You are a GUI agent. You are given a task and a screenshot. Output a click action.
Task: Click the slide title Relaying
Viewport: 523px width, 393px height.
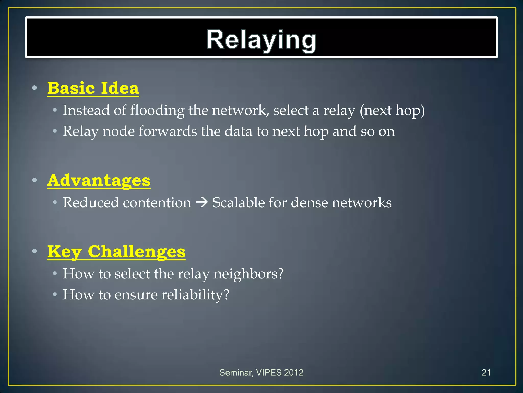point(261,40)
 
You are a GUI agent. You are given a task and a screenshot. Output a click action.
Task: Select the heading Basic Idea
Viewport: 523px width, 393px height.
point(93,88)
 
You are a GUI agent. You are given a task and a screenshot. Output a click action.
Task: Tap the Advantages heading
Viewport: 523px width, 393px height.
point(99,180)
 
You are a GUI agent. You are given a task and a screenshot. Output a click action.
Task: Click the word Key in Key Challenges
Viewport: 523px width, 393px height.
point(65,252)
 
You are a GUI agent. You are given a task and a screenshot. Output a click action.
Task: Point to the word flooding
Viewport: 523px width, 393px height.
point(157,110)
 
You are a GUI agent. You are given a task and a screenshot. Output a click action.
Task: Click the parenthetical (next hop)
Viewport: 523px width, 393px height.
point(392,110)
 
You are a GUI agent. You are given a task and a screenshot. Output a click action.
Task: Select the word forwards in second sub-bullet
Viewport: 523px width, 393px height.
point(168,131)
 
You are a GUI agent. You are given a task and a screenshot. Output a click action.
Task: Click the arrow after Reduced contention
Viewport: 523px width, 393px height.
point(202,203)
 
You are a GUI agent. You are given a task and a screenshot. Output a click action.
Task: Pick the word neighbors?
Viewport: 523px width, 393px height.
point(248,274)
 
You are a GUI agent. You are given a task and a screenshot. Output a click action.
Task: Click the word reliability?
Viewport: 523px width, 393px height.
point(195,295)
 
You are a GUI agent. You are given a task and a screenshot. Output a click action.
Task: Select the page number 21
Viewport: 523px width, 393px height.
point(486,373)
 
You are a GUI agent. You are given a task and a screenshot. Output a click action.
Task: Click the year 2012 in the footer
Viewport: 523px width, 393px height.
point(294,373)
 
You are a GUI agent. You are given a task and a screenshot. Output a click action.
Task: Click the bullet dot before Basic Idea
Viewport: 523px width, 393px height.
point(35,88)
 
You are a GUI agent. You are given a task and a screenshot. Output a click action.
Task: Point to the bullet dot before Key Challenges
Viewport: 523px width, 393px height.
point(35,252)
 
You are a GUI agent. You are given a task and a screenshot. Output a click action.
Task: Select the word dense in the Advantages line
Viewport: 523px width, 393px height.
point(309,203)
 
